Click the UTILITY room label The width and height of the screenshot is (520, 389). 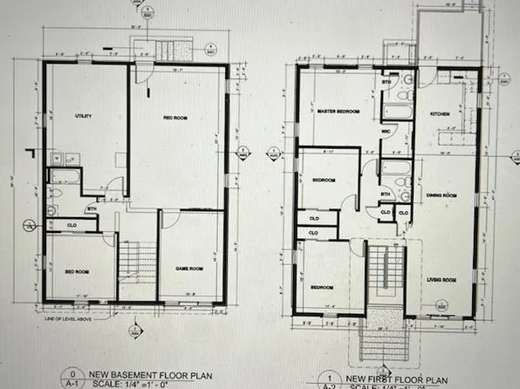pos(85,115)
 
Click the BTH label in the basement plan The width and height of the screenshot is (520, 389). pos(91,208)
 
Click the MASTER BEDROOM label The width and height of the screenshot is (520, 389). pos(338,112)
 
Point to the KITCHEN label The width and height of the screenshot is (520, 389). pos(439,114)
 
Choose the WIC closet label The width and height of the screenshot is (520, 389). pos(385,132)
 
